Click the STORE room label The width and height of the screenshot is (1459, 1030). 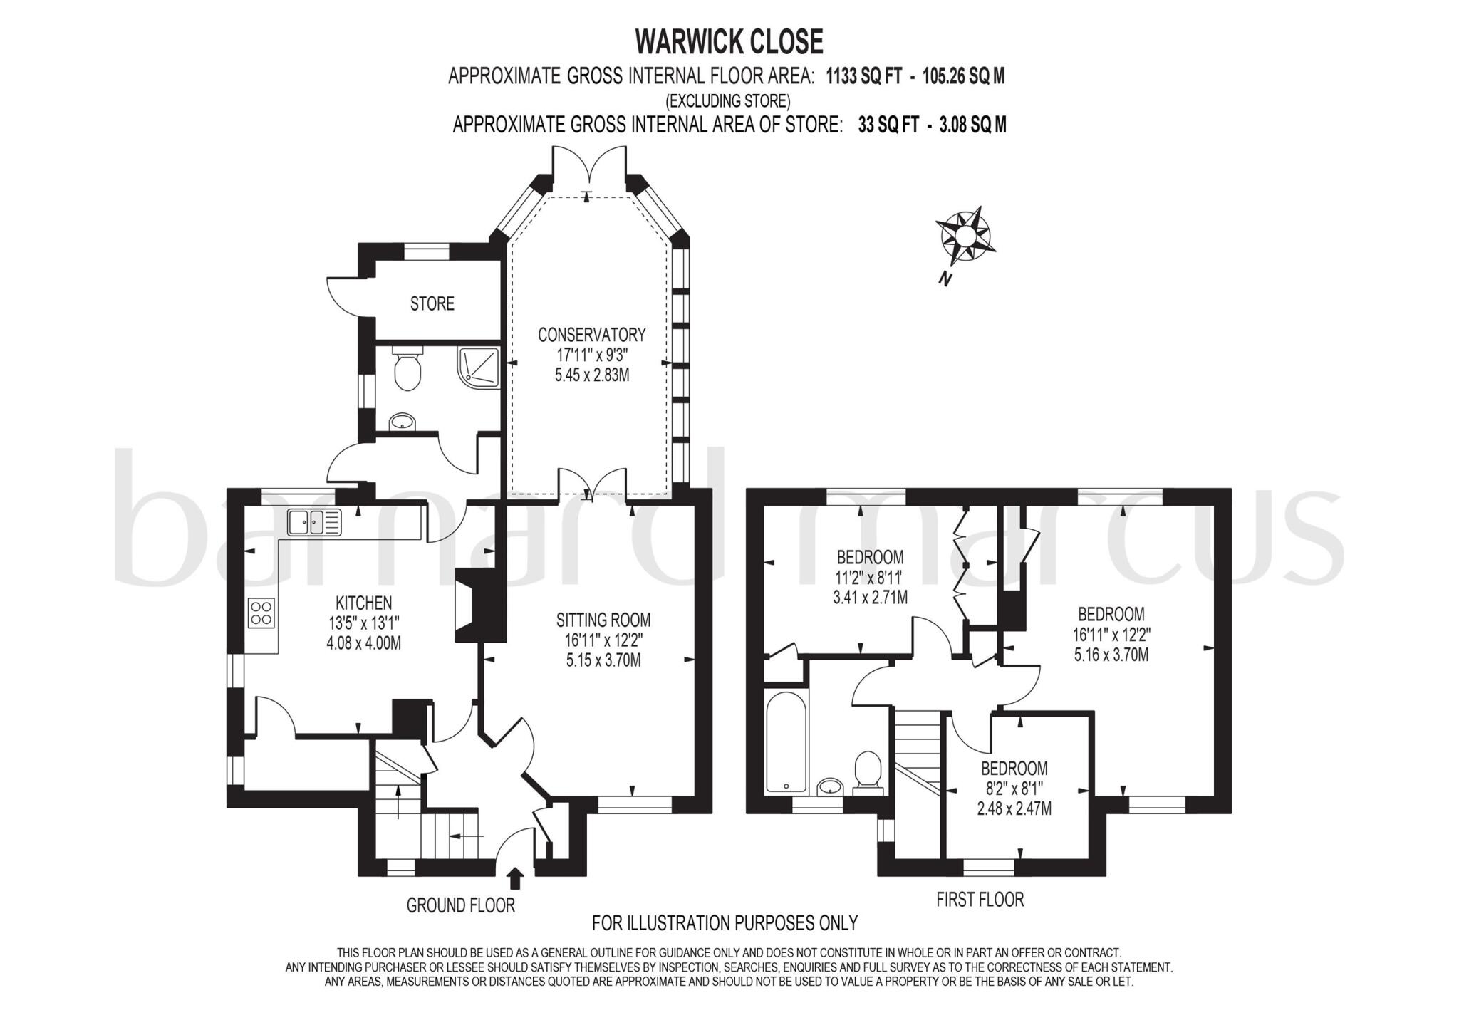pyautogui.click(x=432, y=304)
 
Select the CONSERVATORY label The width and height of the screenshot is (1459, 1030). pyautogui.click(x=591, y=334)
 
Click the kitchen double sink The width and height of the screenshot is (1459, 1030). pyautogui.click(x=314, y=522)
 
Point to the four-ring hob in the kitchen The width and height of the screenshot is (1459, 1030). pyautogui.click(x=261, y=613)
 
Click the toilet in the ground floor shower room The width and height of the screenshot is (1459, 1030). pyautogui.click(x=407, y=368)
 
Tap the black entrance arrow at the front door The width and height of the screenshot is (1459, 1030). pyautogui.click(x=516, y=878)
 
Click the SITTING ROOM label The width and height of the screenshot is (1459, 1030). pyautogui.click(x=603, y=620)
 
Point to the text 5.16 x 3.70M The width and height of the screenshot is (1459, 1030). pyautogui.click(x=1111, y=655)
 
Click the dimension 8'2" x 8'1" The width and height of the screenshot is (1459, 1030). pyautogui.click(x=1014, y=789)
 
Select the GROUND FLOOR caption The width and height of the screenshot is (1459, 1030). pyautogui.click(x=460, y=906)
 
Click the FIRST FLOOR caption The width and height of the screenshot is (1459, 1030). pyautogui.click(x=980, y=900)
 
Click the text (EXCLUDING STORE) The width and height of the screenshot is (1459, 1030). pyautogui.click(x=727, y=100)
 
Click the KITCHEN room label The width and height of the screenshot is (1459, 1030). pyautogui.click(x=364, y=603)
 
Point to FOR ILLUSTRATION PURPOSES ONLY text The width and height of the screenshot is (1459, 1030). pyautogui.click(x=725, y=923)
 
